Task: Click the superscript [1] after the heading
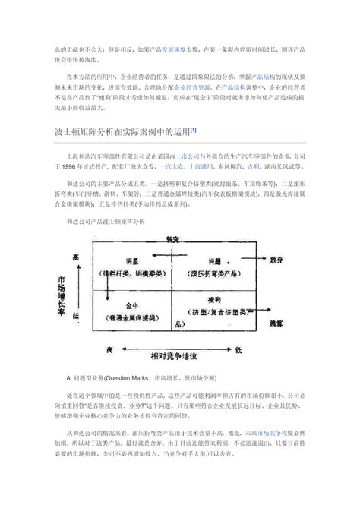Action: [x=194, y=128]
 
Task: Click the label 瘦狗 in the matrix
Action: [x=214, y=301]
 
